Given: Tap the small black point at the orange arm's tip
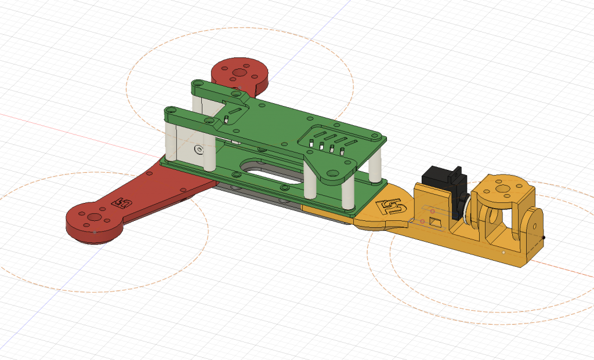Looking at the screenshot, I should (x=544, y=237).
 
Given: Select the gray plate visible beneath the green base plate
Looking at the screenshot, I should (x=261, y=197).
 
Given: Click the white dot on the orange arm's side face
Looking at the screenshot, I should (x=504, y=253).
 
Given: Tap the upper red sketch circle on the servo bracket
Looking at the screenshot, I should (x=432, y=210).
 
